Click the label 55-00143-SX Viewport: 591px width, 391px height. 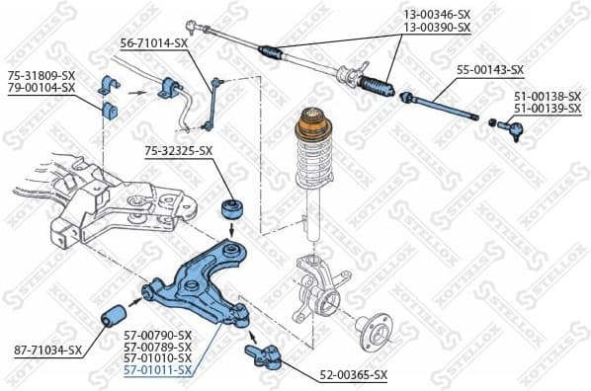pyautogui.click(x=490, y=70)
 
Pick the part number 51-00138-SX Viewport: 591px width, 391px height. pyautogui.click(x=547, y=96)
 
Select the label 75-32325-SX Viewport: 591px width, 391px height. pyautogui.click(x=178, y=150)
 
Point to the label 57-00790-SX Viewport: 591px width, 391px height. pyautogui.click(x=157, y=336)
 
